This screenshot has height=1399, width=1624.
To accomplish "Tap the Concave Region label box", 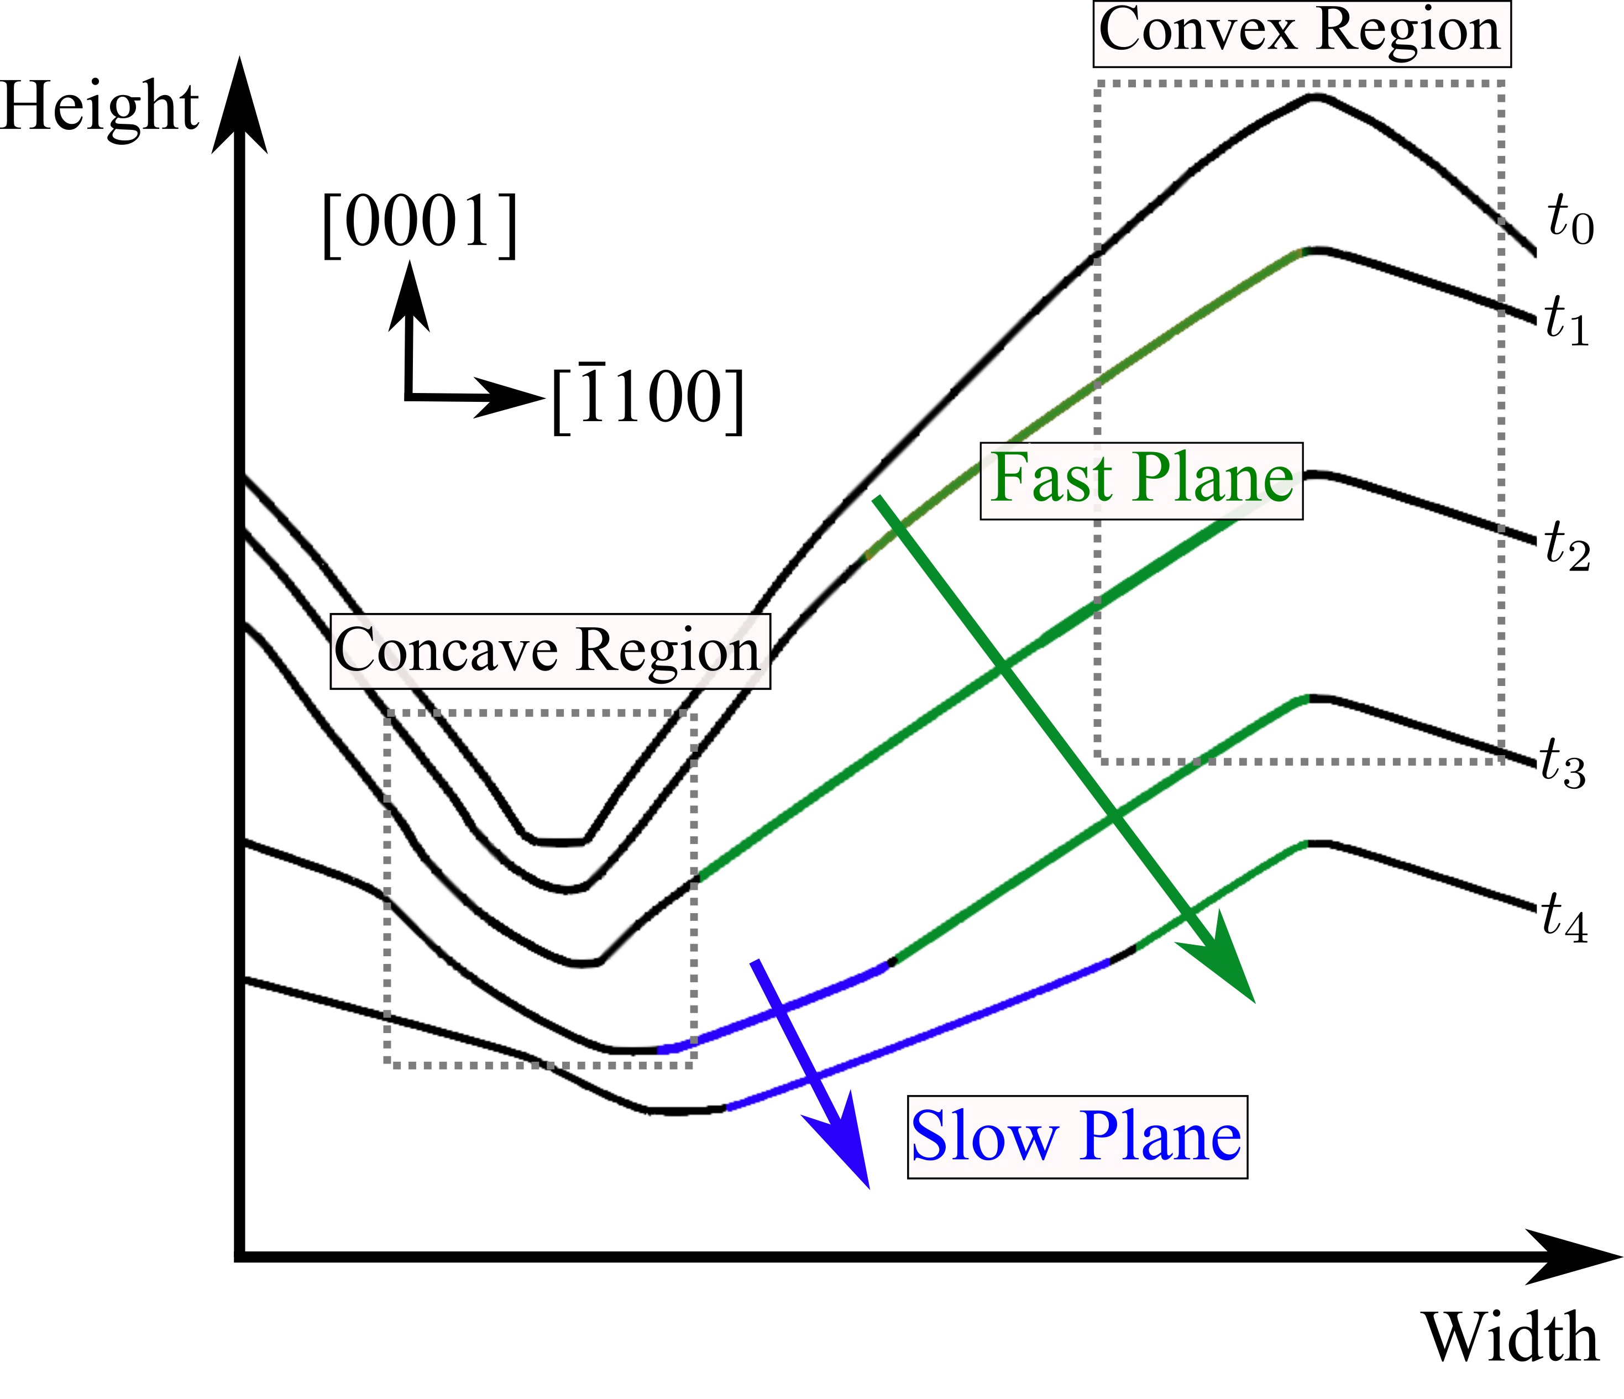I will tap(549, 651).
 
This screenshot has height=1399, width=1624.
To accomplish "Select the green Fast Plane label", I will tap(1141, 480).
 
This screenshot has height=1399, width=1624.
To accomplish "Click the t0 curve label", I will tap(1570, 222).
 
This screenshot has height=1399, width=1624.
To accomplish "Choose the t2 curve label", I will tap(1567, 546).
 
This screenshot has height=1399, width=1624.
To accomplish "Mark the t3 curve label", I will tap(1562, 763).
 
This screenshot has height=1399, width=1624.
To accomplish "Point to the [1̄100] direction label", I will tap(647, 398).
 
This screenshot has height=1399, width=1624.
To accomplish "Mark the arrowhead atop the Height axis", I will tap(240, 106).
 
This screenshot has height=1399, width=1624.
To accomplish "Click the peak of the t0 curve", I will tap(1316, 96).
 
